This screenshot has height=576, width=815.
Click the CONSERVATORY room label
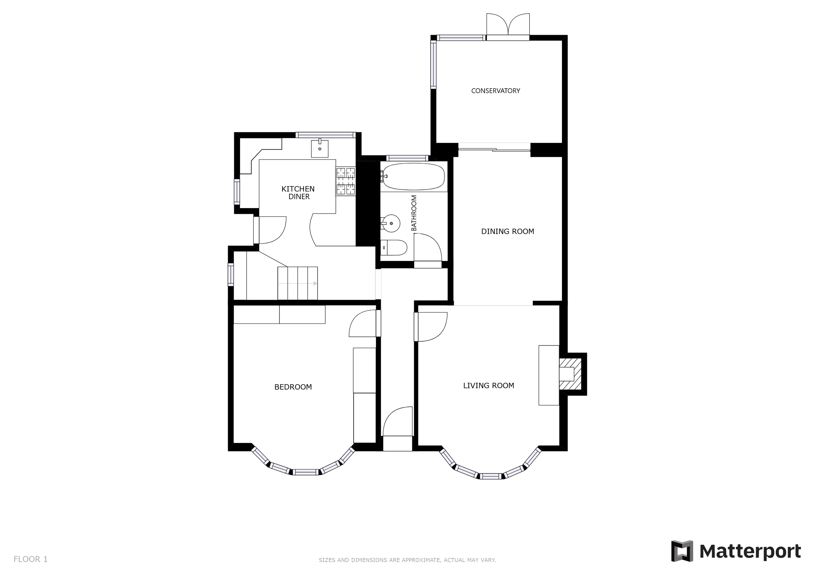495,91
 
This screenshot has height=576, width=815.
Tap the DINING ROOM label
507,231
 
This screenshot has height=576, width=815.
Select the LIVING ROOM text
488,386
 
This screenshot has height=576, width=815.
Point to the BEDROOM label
293,387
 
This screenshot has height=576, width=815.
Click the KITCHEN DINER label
298,193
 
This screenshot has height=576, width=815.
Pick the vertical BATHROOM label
414,213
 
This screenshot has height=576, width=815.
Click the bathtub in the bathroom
414,176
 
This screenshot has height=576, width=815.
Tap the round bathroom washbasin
391,224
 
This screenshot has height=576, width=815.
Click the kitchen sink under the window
320,149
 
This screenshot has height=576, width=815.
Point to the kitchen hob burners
346,181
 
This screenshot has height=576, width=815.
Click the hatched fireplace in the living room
570,374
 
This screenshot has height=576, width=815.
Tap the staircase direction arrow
297,283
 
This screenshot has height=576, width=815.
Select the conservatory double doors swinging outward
508,24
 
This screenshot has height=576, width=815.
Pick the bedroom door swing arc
363,324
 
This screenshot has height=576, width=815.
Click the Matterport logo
736,551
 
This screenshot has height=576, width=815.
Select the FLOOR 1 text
31,559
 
